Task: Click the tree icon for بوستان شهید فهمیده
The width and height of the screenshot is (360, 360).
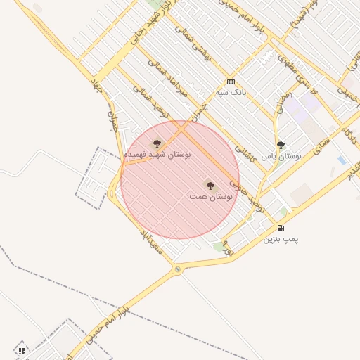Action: coord(157,143)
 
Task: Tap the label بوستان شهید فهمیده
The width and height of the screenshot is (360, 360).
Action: coord(157,153)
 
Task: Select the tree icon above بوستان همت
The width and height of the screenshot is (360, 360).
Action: coord(210,185)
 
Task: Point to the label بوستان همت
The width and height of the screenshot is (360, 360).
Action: coord(211,198)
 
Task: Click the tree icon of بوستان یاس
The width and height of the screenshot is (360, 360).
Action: coord(281,145)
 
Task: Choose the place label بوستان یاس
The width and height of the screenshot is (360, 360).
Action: coord(281,156)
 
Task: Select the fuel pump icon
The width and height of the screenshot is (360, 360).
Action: coord(281,228)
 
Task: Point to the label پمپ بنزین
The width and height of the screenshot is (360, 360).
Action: coord(281,239)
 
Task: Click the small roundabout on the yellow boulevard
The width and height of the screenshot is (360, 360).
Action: coord(177,269)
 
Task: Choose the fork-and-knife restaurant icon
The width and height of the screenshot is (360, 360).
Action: coord(22,350)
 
